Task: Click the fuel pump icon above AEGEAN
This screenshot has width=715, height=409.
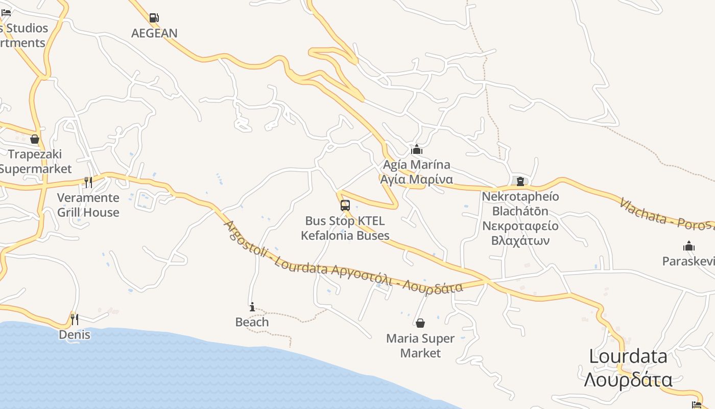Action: point(154,18)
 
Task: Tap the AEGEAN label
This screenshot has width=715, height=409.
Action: point(154,33)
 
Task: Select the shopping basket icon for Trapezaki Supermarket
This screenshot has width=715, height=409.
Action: point(35,139)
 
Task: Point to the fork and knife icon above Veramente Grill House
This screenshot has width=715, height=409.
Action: point(88,183)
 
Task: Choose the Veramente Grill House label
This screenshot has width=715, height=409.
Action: point(88,205)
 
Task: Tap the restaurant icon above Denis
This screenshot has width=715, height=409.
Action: point(75,320)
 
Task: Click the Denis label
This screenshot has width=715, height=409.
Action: point(75,335)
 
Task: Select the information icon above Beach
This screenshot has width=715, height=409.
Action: point(252,307)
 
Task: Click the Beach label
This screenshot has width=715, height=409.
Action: point(252,322)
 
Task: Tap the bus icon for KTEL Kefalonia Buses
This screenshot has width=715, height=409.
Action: point(345,206)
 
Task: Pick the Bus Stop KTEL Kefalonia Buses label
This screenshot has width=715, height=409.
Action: point(345,228)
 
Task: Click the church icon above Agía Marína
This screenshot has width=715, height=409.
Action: point(417,149)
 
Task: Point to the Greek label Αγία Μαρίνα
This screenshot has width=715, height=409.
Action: point(417,179)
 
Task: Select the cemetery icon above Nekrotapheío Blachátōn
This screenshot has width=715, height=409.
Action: point(520,181)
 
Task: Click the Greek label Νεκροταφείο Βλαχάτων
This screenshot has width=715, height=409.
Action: point(520,233)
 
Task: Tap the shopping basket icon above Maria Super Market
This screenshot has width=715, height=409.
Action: point(420,323)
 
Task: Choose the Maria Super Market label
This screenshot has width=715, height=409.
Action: point(420,346)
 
